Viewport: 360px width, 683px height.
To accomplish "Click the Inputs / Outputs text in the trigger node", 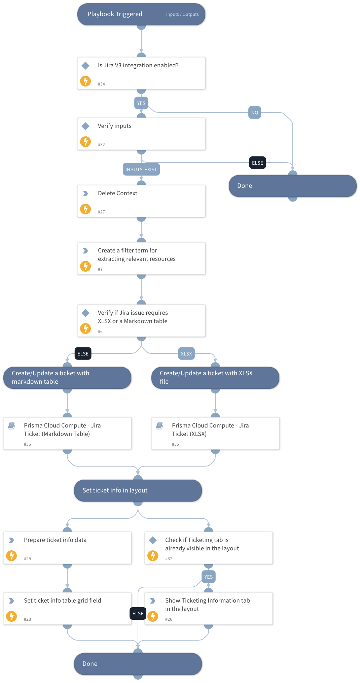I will click(182, 14).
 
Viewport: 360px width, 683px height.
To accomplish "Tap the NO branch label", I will click(255, 113).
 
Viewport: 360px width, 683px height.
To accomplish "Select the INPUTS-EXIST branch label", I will click(141, 170).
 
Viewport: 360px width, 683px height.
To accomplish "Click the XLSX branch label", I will click(186, 354).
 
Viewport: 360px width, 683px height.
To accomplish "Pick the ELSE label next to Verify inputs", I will click(257, 163).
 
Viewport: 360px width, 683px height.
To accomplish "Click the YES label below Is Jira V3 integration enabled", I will click(141, 103).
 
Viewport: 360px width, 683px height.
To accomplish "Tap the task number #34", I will click(101, 84).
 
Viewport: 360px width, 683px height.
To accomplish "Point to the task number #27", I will click(101, 212).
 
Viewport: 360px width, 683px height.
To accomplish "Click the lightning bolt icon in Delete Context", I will click(85, 209).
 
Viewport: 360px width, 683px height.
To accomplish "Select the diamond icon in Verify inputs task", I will click(85, 126).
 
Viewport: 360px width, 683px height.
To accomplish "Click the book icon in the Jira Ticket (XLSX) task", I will click(159, 426).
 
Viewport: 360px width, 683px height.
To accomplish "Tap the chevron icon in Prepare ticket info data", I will click(11, 540).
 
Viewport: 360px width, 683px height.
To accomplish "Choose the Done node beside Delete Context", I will click(292, 186).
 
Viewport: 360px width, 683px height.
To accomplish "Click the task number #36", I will click(27, 444).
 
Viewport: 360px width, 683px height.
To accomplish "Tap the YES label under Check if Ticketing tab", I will click(208, 577).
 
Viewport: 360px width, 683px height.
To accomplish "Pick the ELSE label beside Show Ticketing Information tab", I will click(138, 614).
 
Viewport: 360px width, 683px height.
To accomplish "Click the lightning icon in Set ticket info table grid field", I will click(11, 616).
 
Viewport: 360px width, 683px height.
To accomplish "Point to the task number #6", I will click(100, 332).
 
